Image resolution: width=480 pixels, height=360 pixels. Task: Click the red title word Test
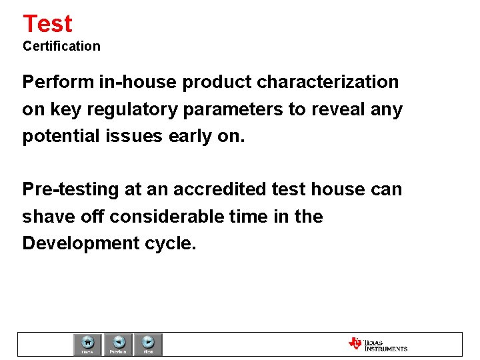pos(47,24)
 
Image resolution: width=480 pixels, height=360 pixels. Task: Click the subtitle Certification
pos(61,46)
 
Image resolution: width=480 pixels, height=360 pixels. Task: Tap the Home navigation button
pos(87,344)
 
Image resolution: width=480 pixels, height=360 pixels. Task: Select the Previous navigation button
pos(118,344)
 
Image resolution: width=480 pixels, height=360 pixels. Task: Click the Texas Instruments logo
pos(377,344)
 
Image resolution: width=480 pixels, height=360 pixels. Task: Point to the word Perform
pos(58,83)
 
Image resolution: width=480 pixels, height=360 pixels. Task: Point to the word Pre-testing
pos(71,190)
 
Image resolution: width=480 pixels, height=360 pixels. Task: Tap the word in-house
pos(138,83)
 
